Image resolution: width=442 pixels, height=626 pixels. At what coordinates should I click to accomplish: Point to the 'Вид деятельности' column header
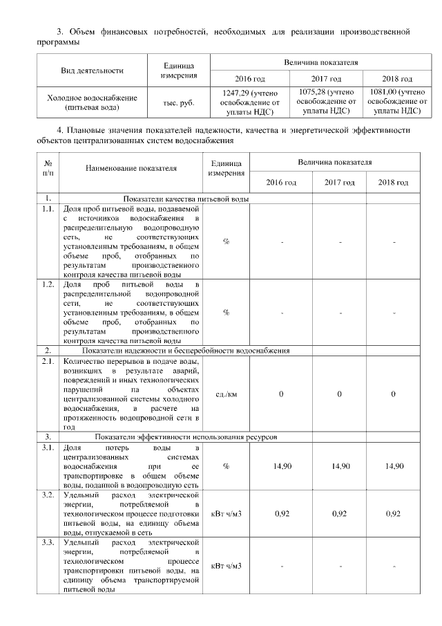pos(92,70)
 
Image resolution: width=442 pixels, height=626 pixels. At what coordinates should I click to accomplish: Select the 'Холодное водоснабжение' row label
pos(92,102)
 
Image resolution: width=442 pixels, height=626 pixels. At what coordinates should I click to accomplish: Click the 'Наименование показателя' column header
pos(131,167)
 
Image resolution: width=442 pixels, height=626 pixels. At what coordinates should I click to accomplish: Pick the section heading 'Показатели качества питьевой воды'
pos(186,199)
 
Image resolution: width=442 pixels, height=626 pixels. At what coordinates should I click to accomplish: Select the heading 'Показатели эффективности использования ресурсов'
pos(186,438)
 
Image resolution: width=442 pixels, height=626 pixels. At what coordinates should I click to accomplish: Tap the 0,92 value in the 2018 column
pos(393,515)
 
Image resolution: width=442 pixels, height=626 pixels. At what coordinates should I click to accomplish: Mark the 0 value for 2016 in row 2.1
pos(282,394)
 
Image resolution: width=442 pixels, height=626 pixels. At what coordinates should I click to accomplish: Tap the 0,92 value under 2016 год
pos(282,515)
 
